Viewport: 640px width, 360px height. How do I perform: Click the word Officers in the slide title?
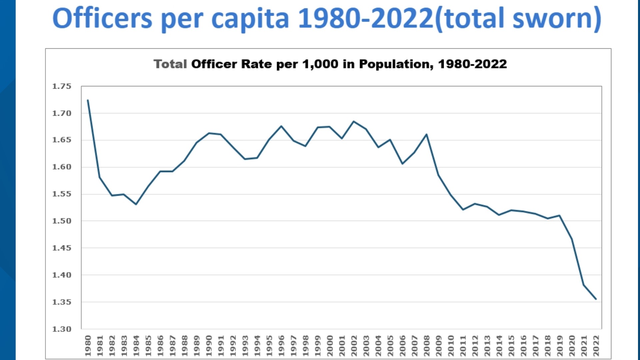coord(102,19)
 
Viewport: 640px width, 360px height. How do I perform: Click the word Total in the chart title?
coord(170,64)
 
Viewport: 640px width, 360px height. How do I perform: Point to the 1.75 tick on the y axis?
coord(62,86)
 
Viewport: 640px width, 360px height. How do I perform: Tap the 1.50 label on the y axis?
coord(62,221)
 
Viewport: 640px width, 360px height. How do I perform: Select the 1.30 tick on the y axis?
coord(62,329)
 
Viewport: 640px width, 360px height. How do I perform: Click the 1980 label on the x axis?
coord(88,346)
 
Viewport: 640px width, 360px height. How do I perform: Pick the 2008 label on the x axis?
coord(426,346)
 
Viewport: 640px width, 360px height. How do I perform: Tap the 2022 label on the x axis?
coord(596,346)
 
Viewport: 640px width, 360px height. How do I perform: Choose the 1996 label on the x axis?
coord(281,346)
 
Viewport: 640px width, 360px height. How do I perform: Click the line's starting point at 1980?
coord(88,100)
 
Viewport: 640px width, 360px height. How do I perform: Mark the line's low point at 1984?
coord(136,204)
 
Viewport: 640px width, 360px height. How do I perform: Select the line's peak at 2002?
coord(354,121)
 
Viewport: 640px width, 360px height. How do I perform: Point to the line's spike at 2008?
coord(426,134)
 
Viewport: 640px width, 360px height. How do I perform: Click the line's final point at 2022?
coord(596,299)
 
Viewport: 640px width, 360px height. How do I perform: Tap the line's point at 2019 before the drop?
coord(560,215)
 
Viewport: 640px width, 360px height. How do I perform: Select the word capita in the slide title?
coord(250,19)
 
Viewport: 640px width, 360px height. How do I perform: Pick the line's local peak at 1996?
coord(281,126)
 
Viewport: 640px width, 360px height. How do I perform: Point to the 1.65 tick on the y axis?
coord(62,140)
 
